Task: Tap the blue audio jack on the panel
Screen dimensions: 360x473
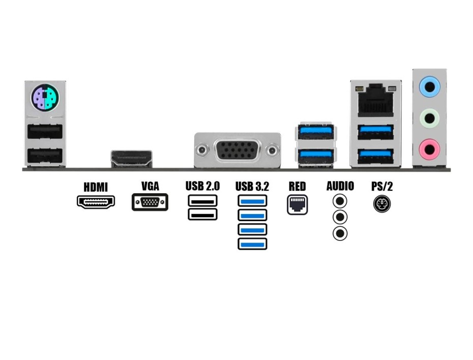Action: (x=429, y=87)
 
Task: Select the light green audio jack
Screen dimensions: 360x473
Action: (x=429, y=119)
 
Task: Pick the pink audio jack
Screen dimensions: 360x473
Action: (x=429, y=149)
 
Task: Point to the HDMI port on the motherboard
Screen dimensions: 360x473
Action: (x=132, y=159)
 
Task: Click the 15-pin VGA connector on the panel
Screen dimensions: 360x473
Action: (x=238, y=151)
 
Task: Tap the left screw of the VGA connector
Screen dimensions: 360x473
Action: (x=202, y=151)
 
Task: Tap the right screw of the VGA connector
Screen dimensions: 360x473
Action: (x=273, y=151)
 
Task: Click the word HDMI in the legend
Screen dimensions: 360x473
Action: (x=96, y=187)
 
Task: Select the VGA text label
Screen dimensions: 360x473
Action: (x=150, y=186)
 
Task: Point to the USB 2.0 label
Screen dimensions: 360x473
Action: (x=202, y=186)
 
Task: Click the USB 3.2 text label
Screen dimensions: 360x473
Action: (x=252, y=187)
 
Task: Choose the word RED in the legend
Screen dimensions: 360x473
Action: (x=297, y=186)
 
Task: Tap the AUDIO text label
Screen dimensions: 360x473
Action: (x=340, y=186)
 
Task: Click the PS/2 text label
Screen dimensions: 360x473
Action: (x=382, y=186)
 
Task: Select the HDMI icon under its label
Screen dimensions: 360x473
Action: (x=96, y=202)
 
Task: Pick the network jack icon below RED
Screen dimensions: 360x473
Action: (x=297, y=204)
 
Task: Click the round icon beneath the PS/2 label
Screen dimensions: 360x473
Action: (x=382, y=204)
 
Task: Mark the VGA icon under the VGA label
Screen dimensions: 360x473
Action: (x=150, y=202)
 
